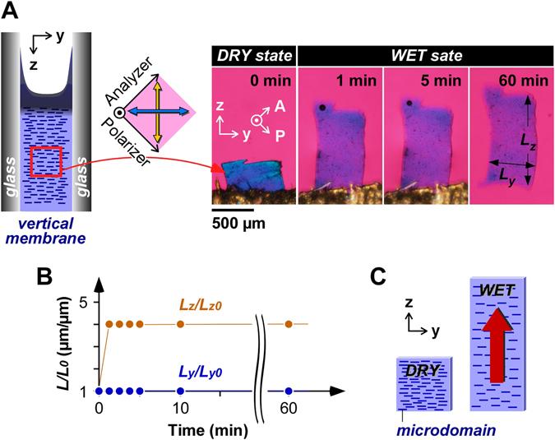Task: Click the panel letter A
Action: tap(12, 12)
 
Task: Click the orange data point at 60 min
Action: tap(289, 324)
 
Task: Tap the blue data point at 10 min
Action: tap(181, 391)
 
